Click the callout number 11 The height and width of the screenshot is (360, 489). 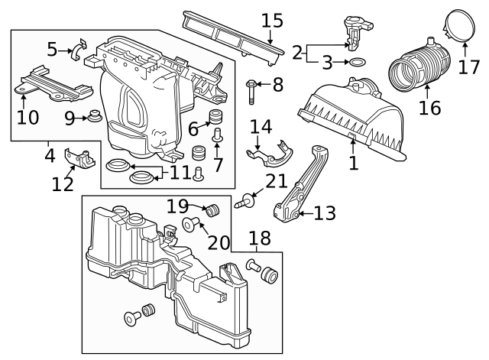click(x=180, y=172)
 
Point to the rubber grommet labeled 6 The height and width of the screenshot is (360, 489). click(x=215, y=118)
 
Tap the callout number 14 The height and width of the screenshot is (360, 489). click(x=261, y=127)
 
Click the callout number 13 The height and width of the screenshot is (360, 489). click(x=325, y=213)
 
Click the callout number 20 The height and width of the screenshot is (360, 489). click(x=219, y=242)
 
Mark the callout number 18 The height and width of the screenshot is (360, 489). click(x=260, y=239)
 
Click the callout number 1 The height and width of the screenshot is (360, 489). click(x=353, y=163)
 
